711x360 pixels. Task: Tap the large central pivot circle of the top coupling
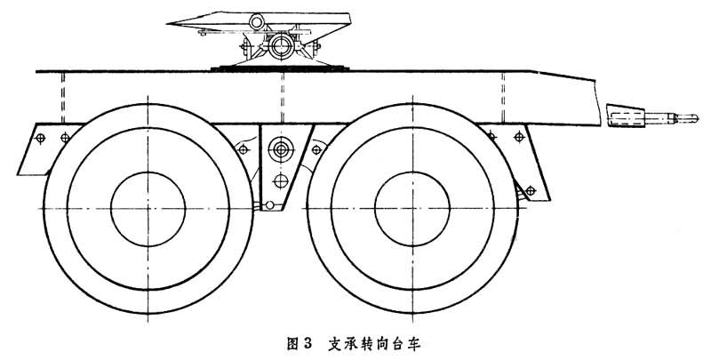click(283, 44)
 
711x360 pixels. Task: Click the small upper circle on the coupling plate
click(257, 21)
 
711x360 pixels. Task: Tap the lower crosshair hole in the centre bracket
click(281, 182)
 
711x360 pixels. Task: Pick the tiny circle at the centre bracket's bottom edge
click(264, 206)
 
